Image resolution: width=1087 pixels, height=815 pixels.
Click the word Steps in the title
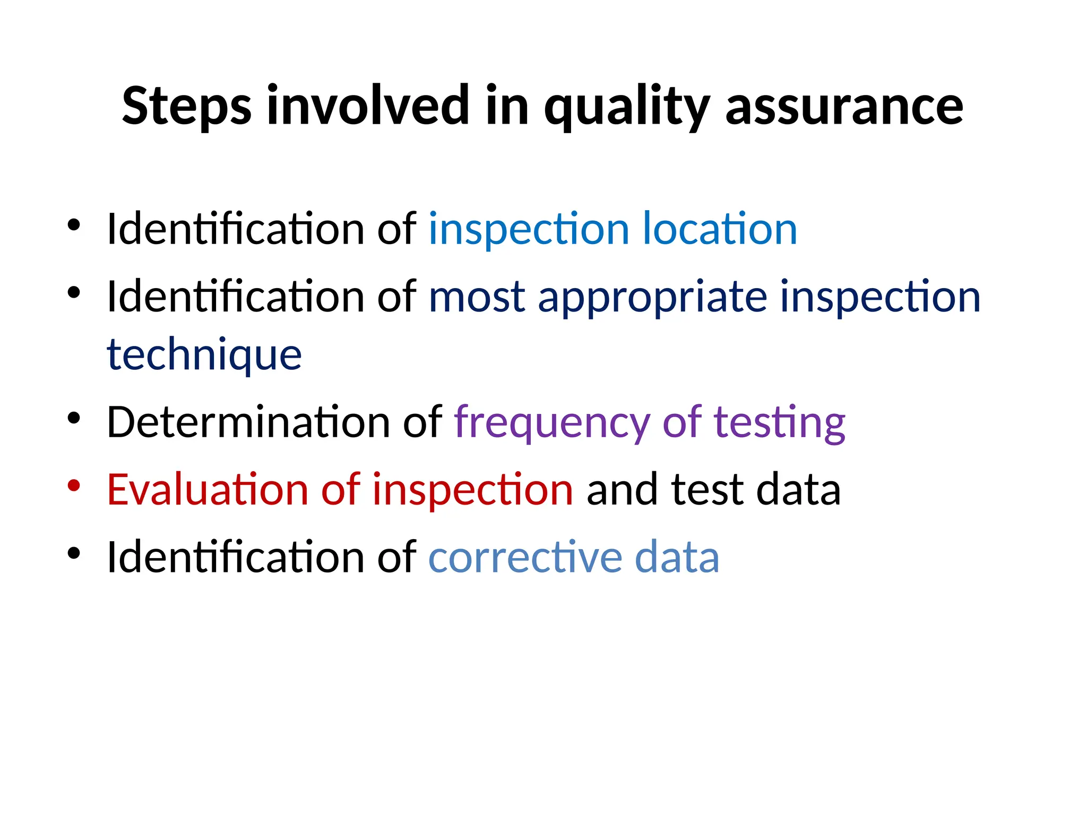click(x=187, y=106)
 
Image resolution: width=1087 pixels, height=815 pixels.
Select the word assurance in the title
click(x=844, y=106)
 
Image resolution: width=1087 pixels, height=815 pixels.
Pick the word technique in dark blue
click(x=204, y=354)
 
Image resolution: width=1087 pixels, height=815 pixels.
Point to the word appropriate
click(x=652, y=297)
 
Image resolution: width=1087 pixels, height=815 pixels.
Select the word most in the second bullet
click(x=477, y=297)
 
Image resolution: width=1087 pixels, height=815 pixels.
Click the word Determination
click(x=248, y=422)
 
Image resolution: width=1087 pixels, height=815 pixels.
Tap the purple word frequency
click(x=552, y=422)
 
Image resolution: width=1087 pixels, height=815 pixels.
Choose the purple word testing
click(x=779, y=422)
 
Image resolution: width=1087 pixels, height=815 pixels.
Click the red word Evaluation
click(x=208, y=489)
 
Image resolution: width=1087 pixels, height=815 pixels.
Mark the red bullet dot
click(x=74, y=485)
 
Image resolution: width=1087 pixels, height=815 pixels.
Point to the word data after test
click(x=798, y=489)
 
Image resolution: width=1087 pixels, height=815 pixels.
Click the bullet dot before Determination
click(x=74, y=418)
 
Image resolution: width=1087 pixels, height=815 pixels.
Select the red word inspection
click(x=472, y=489)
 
